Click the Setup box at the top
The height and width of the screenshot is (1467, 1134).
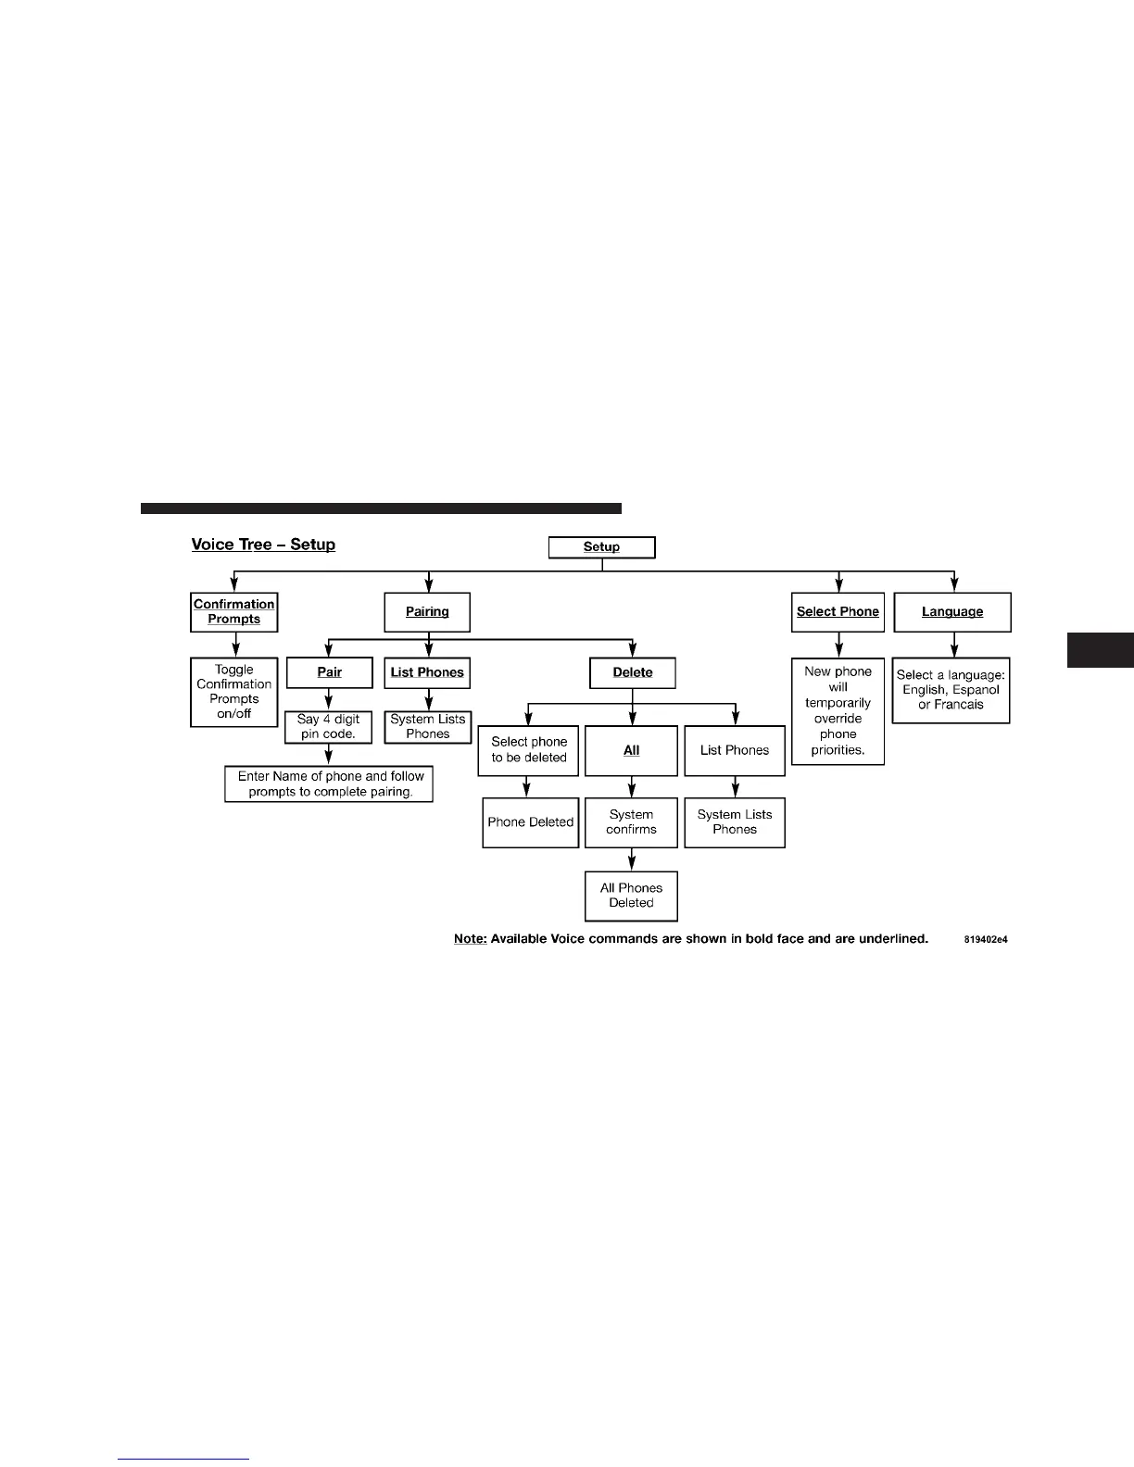tap(601, 547)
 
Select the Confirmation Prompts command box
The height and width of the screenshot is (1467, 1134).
tap(234, 612)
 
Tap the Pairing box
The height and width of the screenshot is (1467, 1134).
tap(427, 612)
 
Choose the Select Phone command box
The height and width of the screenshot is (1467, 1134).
tap(838, 612)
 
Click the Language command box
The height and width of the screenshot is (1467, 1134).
tap(952, 612)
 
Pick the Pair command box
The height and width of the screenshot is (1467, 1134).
tap(330, 672)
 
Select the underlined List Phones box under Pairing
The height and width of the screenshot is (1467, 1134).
tap(427, 672)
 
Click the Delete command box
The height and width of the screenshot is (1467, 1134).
tap(633, 672)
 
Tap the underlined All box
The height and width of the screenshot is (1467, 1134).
tap(632, 750)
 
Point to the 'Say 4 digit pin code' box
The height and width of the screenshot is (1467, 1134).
tap(329, 726)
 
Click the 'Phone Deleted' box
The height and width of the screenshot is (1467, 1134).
tap(531, 822)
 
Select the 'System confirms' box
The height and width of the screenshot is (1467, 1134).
tap(632, 822)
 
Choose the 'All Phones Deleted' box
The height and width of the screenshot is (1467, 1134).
tap(632, 896)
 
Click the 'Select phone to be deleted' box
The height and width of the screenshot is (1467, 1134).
tap(529, 750)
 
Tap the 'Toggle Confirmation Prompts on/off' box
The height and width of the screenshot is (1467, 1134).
tap(234, 692)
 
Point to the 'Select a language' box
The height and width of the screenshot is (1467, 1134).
tap(951, 690)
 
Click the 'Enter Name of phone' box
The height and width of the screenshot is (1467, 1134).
tap(329, 784)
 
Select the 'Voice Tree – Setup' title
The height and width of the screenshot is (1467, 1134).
tap(263, 545)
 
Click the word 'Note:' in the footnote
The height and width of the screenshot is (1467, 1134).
tap(470, 939)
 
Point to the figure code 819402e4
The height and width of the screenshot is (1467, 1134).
tap(985, 940)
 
